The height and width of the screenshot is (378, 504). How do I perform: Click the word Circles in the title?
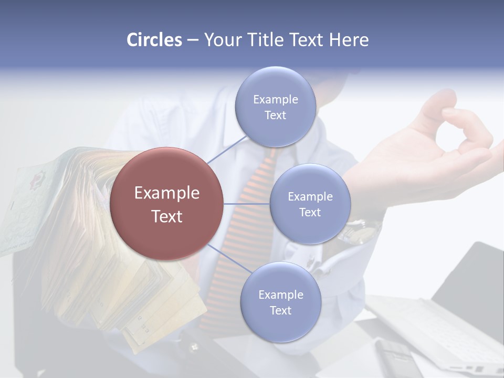[154, 40]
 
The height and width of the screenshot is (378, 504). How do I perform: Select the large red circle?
[166, 204]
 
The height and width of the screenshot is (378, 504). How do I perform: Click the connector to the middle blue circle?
[247, 204]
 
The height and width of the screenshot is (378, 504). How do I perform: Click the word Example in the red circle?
[166, 193]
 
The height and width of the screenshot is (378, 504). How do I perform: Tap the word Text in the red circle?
[166, 216]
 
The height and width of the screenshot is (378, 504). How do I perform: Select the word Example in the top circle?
[275, 100]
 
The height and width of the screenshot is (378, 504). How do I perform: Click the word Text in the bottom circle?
[280, 310]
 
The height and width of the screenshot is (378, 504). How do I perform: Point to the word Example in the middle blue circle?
[310, 197]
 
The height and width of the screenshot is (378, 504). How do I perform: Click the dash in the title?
[193, 40]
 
